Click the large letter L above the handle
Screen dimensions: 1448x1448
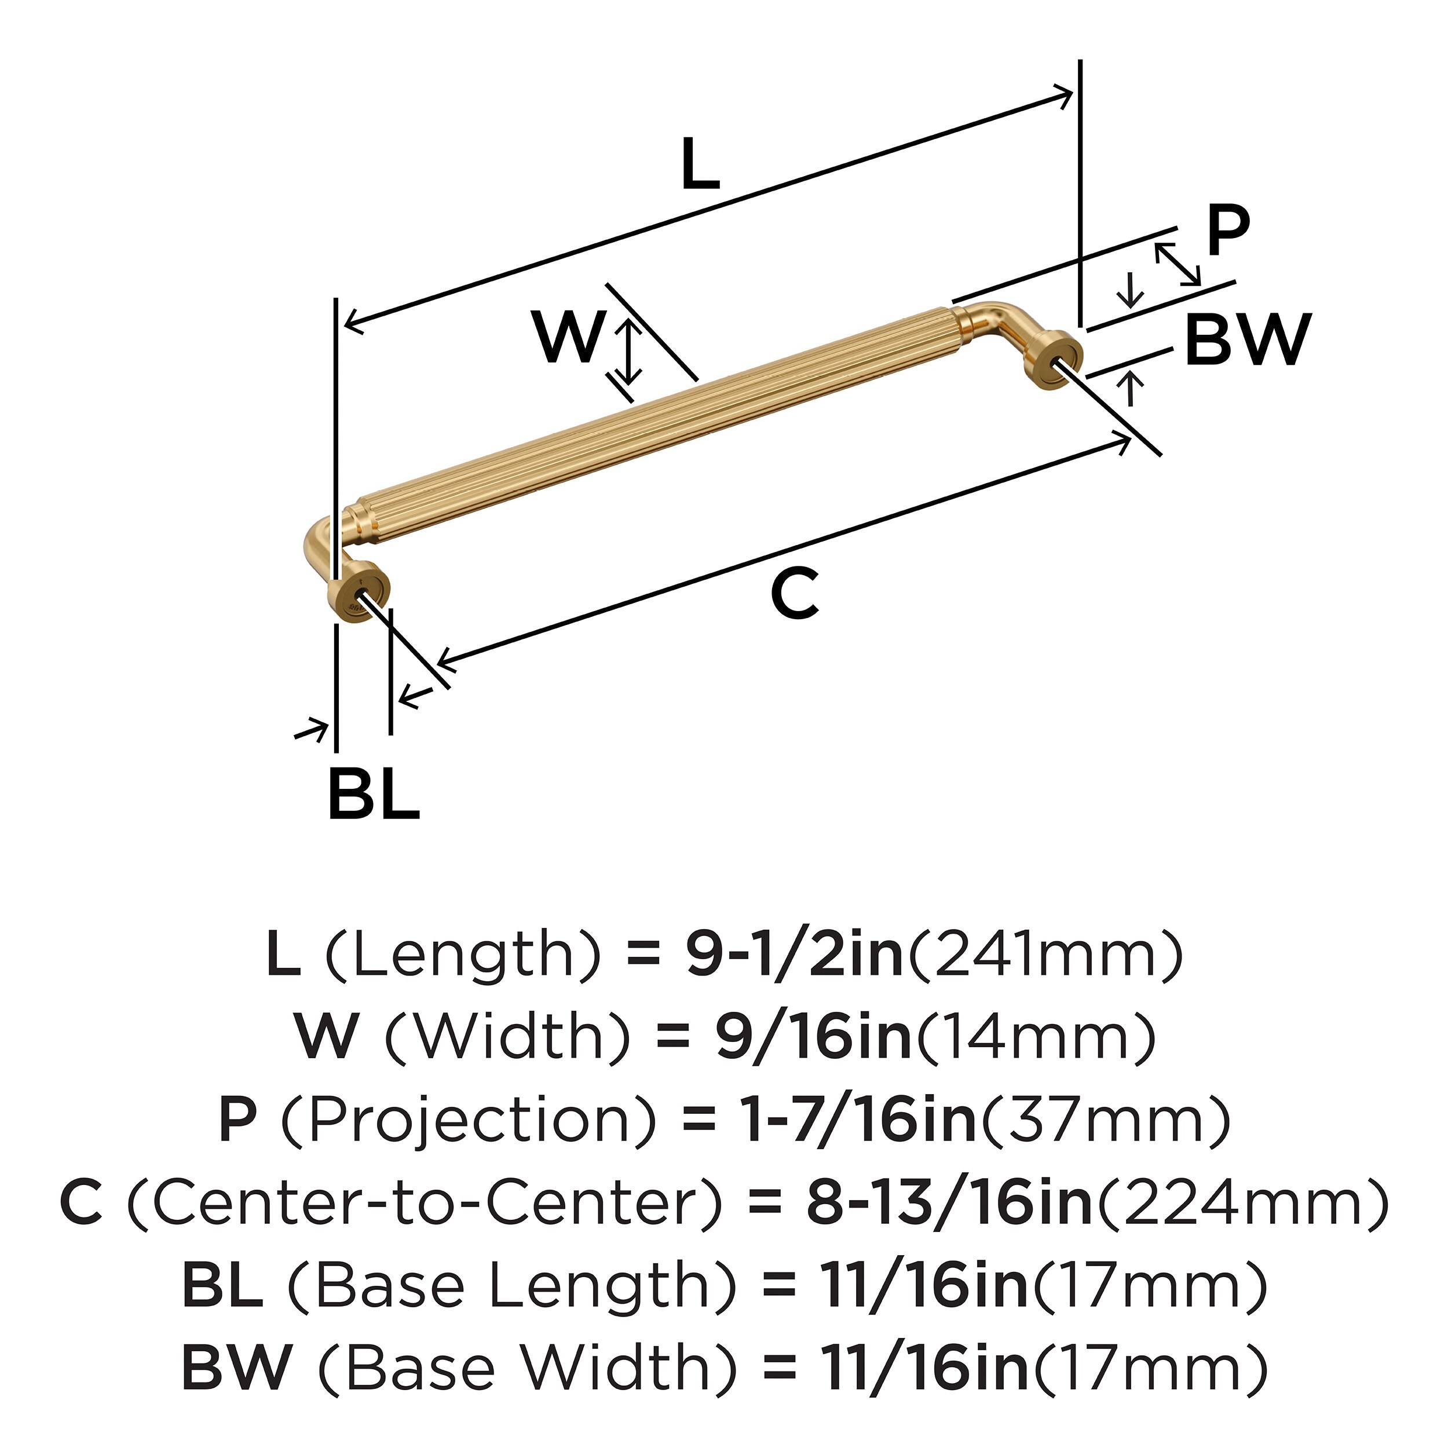tap(700, 166)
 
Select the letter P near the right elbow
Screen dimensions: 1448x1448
tap(1228, 232)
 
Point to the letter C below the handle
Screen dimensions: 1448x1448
tap(795, 594)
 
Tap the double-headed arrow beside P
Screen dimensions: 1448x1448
tap(1178, 264)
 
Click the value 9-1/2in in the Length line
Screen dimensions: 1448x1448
tap(795, 954)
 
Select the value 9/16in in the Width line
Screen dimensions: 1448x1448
tap(813, 1037)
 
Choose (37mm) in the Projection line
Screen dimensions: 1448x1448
tap(1106, 1121)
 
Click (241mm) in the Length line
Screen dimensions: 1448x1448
tap(1045, 954)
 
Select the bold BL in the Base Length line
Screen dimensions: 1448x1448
tap(222, 1285)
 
